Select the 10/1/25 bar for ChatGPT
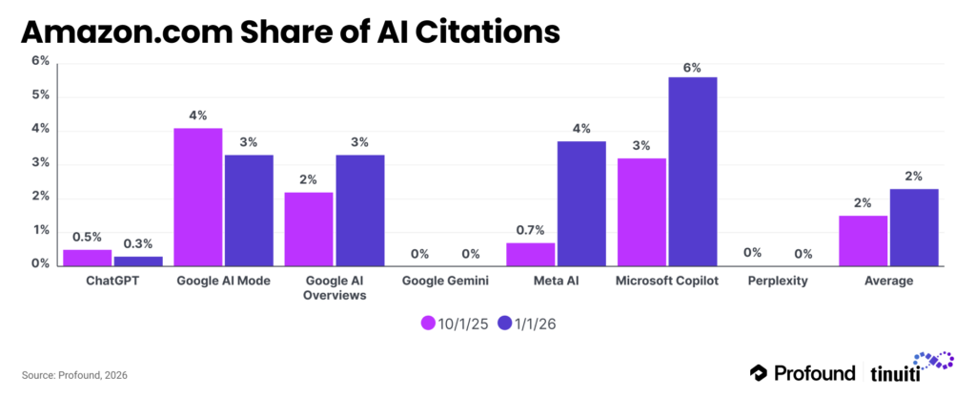87,258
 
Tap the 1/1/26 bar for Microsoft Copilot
692,172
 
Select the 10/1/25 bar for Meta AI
531,255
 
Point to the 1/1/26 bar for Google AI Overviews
360,211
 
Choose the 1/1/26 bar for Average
914,228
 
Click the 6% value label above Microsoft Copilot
692,68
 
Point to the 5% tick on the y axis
40,96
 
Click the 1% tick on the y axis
40,230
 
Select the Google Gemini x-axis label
444,282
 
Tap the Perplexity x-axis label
778,282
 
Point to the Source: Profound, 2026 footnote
73,376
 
